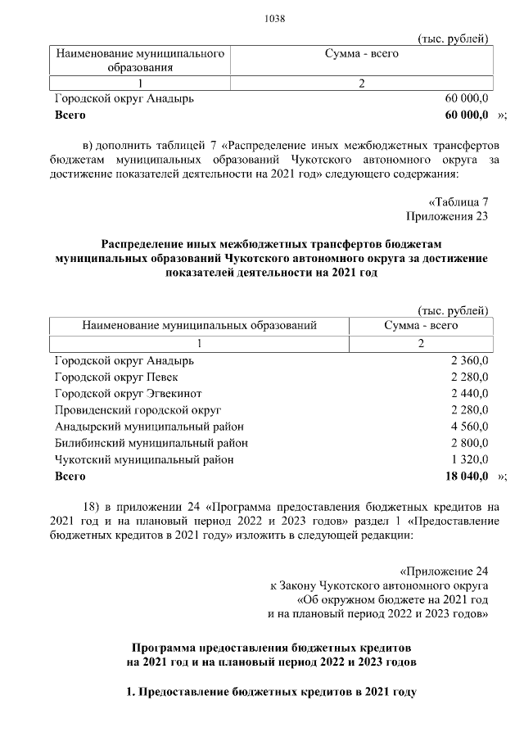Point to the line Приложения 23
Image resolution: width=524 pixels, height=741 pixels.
click(448, 216)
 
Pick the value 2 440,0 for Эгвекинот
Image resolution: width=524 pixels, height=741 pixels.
click(469, 393)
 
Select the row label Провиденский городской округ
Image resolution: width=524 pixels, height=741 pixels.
click(138, 409)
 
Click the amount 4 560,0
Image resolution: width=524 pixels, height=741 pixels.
click(469, 427)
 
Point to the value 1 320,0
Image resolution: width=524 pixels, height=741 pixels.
click(469, 459)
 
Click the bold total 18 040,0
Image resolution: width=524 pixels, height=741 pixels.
click(467, 476)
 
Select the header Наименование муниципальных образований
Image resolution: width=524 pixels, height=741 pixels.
click(199, 325)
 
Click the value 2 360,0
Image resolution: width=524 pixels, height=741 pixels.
click(469, 360)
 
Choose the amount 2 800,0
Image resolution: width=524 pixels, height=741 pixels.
click(469, 443)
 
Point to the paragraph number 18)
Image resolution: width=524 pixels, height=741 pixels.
click(93, 505)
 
